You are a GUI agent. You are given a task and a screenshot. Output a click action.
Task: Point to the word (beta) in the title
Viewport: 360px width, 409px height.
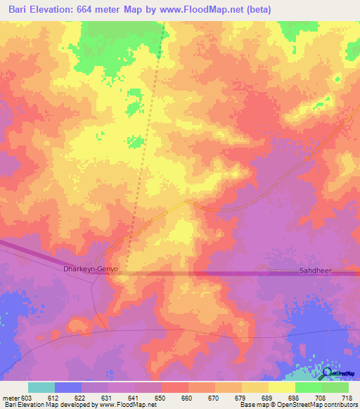[x=255, y=10]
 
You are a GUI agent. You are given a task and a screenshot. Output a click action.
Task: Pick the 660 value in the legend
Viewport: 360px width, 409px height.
[x=188, y=397]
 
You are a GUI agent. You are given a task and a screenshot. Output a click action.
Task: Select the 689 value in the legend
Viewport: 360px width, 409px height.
[x=267, y=397]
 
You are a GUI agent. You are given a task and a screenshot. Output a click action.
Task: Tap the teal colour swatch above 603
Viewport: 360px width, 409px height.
[x=41, y=387]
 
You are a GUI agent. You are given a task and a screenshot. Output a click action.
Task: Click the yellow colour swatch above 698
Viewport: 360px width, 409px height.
[x=281, y=387]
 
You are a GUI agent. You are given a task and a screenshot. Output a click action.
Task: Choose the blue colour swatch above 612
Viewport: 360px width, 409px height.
[x=68, y=387]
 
